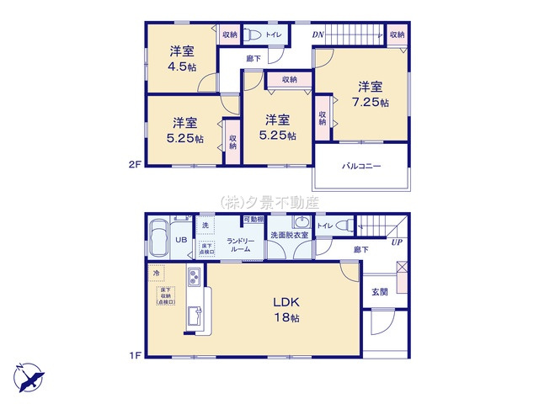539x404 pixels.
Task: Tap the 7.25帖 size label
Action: [x=370, y=103]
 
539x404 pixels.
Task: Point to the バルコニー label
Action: [x=361, y=166]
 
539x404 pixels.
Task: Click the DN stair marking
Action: [x=318, y=35]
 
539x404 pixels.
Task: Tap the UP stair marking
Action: [x=395, y=242]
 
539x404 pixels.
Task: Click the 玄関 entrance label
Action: [x=379, y=292]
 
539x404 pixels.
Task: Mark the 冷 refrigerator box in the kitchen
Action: [x=157, y=274]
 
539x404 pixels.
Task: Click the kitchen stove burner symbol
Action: [x=193, y=277]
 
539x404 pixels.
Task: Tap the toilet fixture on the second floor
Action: [x=253, y=35]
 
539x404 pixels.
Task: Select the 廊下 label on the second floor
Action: [x=253, y=58]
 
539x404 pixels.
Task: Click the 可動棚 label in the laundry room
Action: [x=253, y=220]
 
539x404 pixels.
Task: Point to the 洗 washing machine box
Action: [x=205, y=226]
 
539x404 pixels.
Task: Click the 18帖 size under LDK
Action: [x=286, y=318]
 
